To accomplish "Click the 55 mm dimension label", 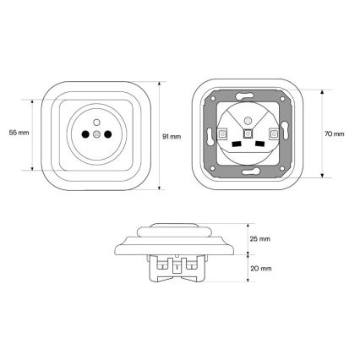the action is click(19, 133).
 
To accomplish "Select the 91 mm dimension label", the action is click(172, 137).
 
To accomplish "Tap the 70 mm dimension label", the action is click(335, 134).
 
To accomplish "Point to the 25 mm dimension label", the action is click(260, 239).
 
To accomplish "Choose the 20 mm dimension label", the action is click(261, 269).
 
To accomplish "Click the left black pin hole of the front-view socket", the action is click(85, 134).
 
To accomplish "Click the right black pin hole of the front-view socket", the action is click(108, 134).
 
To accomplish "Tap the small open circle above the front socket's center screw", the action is click(96, 123).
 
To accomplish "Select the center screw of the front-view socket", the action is click(96, 134).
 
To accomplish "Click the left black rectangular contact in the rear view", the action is click(236, 145).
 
